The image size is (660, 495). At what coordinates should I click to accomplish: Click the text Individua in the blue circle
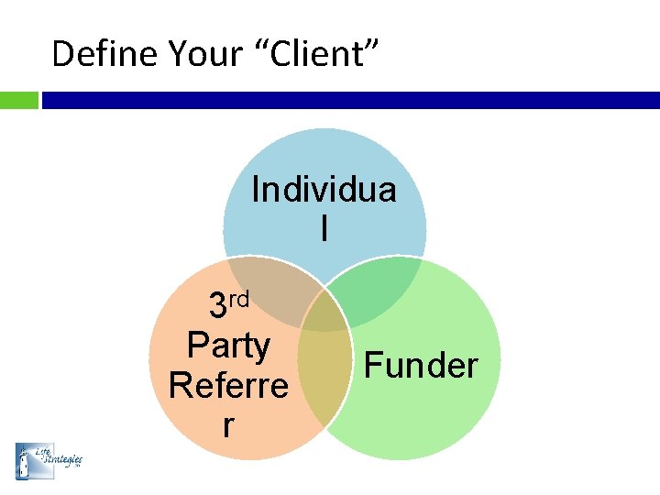tap(324, 190)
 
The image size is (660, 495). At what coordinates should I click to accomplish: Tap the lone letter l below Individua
tap(324, 228)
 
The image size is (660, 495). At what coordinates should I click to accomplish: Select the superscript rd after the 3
tap(237, 298)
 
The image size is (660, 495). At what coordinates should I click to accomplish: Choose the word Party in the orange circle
tap(228, 346)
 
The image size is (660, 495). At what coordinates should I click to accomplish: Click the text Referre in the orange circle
tap(228, 385)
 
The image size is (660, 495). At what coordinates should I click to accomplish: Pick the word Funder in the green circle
tap(421, 365)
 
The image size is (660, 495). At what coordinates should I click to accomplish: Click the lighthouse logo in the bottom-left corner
tap(24, 460)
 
